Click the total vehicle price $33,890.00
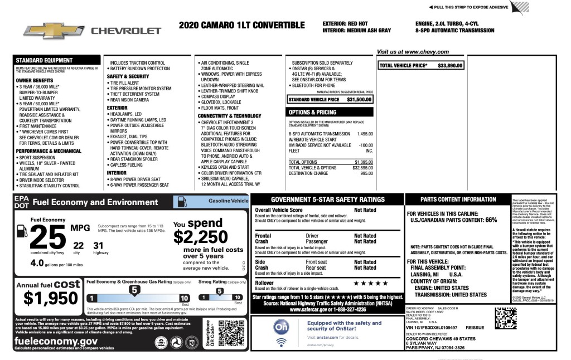[x=451, y=66]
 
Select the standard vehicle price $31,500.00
[x=359, y=99]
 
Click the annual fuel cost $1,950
[x=48, y=299]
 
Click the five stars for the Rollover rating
[x=366, y=283]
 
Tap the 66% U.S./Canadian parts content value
[x=491, y=220]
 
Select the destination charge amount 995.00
[x=366, y=173]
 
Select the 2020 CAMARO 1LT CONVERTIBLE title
[x=242, y=26]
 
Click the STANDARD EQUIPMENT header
[x=44, y=60]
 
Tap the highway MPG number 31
[x=98, y=245]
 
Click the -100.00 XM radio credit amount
[x=365, y=145]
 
